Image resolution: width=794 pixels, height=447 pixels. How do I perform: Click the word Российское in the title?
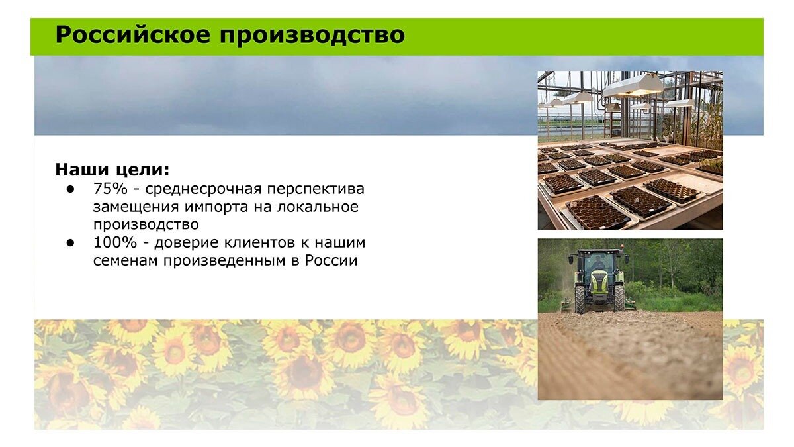click(x=133, y=34)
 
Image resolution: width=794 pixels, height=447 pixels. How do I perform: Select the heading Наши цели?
click(x=112, y=170)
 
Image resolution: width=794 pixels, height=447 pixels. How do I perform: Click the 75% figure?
click(x=110, y=189)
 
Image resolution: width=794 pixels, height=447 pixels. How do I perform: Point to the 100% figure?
click(x=115, y=242)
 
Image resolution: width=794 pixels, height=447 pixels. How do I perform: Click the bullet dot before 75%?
click(x=70, y=189)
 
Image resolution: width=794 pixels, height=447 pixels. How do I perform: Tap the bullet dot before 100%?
click(x=70, y=243)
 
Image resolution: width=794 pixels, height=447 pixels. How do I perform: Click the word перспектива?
click(x=316, y=190)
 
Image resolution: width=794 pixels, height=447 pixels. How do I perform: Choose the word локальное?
click(x=318, y=207)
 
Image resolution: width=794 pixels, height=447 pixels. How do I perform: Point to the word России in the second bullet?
click(x=331, y=261)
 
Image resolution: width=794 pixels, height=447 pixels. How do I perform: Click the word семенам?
click(x=126, y=261)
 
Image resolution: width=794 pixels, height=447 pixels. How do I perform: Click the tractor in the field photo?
click(x=598, y=281)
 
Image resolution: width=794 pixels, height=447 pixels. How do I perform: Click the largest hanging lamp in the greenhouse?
click(x=633, y=87)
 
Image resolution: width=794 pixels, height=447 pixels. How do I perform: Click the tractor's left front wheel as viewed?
click(x=580, y=299)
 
